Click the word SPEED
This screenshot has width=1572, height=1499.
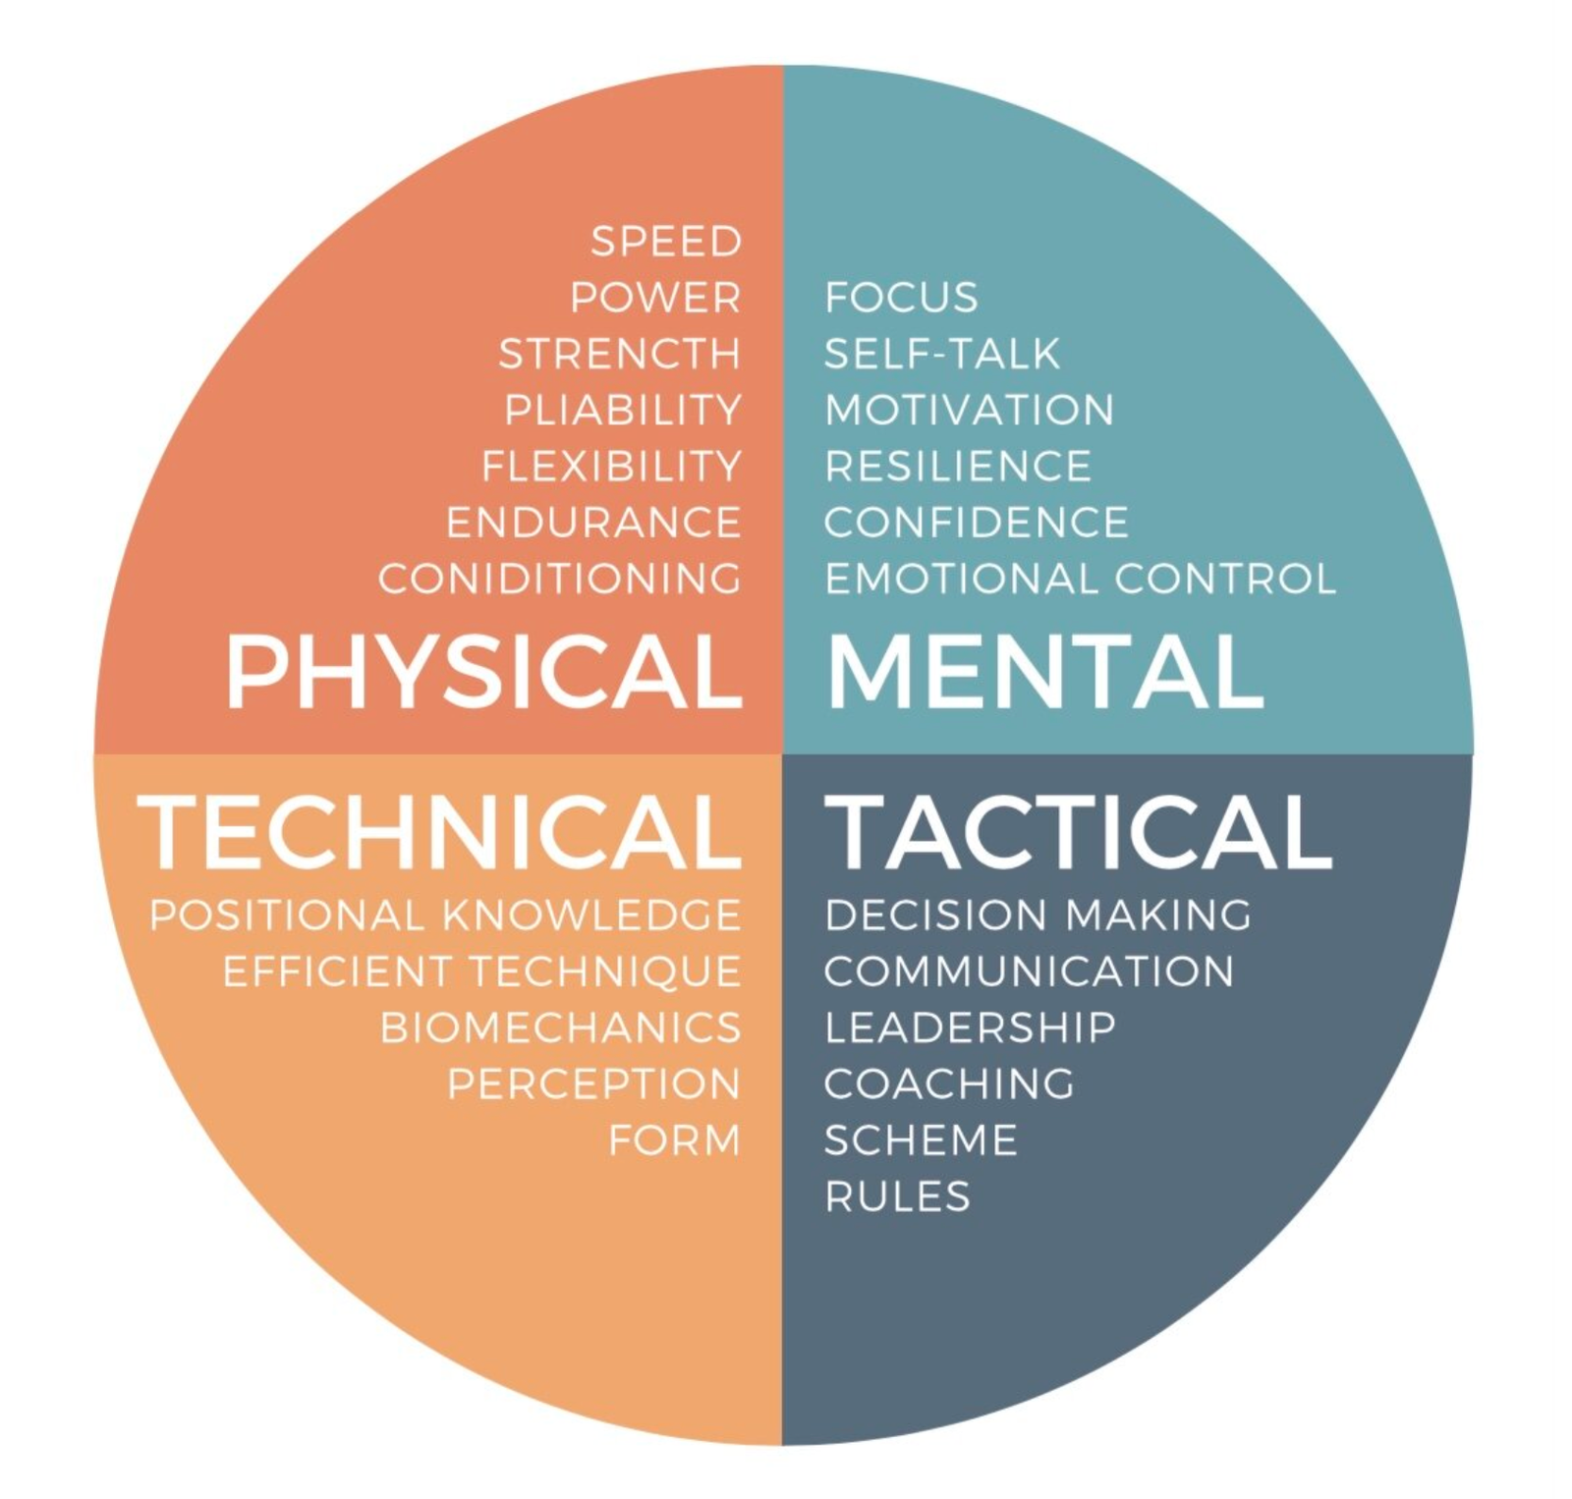tap(665, 242)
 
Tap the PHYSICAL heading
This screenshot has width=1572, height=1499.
tap(484, 672)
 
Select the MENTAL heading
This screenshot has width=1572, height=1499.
tap(1045, 672)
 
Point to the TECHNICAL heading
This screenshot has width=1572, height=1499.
tap(439, 832)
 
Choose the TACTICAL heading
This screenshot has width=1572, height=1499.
tap(1078, 832)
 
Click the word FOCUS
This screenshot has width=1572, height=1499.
tap(901, 298)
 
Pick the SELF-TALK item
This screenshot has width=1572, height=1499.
tap(942, 354)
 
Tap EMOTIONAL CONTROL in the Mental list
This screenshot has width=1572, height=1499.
tap(1080, 579)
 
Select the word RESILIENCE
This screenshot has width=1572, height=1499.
tap(958, 467)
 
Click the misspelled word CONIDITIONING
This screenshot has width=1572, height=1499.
tap(560, 579)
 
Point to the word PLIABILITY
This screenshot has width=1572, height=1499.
tap(623, 410)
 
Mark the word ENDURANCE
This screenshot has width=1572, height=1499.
tap(593, 523)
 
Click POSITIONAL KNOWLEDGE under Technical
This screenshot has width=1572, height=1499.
tap(445, 916)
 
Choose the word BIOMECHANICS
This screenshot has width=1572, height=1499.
tap(560, 1028)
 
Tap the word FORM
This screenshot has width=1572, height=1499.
tap(674, 1140)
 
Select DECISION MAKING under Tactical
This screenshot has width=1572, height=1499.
tap(1038, 916)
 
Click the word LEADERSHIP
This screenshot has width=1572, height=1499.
tap(970, 1028)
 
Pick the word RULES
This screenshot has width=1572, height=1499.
tap(897, 1196)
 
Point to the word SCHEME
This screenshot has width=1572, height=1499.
tap(921, 1140)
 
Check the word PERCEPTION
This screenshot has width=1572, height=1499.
tap(593, 1084)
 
